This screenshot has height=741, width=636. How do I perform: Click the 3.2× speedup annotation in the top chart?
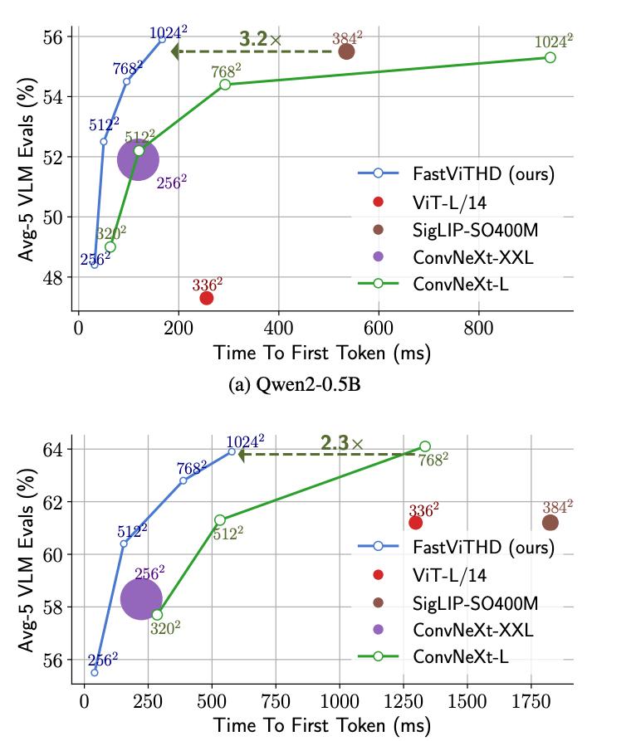(x=259, y=38)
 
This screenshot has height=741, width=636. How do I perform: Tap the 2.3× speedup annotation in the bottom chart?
(x=341, y=442)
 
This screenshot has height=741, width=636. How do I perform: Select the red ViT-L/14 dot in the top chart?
(x=207, y=298)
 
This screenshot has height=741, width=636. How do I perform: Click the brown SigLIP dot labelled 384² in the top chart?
(x=346, y=51)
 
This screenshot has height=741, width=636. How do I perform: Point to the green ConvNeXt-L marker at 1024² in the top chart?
(x=550, y=57)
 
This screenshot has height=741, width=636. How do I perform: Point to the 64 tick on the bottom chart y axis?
(x=51, y=449)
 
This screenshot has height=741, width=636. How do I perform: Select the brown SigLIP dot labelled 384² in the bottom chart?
(x=550, y=523)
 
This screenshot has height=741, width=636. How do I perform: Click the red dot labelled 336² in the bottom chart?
(x=416, y=523)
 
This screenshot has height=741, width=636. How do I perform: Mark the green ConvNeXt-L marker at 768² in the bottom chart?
(x=425, y=446)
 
